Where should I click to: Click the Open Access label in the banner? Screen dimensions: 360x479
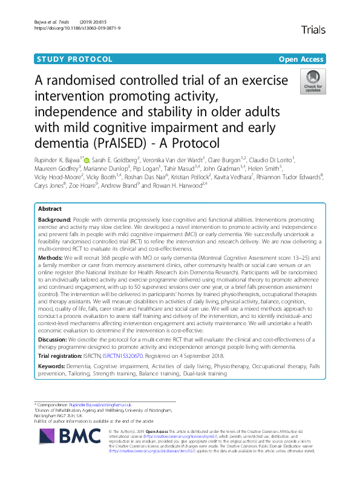(x=302, y=59)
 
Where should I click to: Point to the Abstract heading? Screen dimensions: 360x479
(x=51, y=209)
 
